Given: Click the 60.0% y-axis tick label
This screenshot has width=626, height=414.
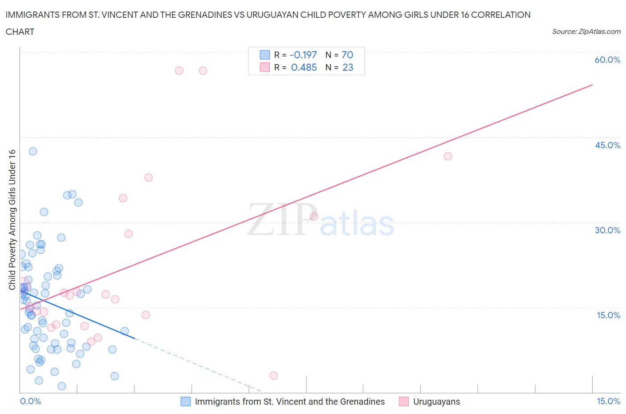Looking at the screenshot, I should [x=607, y=60].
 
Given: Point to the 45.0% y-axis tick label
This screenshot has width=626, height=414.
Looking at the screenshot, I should [x=607, y=145].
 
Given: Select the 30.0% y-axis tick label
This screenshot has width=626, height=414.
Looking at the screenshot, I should [x=607, y=230].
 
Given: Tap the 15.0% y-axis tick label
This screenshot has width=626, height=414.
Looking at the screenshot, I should [x=608, y=315].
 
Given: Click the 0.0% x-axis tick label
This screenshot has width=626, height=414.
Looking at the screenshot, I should [x=30, y=401].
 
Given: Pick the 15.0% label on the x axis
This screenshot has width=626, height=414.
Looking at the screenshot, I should [x=608, y=401].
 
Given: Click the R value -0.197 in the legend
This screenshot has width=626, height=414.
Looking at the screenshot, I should [x=303, y=55].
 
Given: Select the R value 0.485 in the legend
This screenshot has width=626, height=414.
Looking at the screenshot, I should [x=304, y=67].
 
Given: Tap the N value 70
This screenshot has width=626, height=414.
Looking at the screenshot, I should [x=347, y=55].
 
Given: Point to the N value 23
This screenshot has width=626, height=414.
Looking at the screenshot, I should [x=348, y=67].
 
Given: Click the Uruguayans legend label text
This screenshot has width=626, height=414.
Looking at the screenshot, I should [x=436, y=402].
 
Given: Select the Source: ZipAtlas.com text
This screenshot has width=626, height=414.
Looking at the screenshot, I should [x=586, y=31].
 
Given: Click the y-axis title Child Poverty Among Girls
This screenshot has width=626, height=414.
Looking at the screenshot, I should [x=12, y=219].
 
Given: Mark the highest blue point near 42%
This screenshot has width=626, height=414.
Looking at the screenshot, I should [x=33, y=151].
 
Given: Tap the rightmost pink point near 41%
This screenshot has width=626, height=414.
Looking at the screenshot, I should [x=448, y=156].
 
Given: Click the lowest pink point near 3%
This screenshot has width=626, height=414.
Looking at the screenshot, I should [x=274, y=376].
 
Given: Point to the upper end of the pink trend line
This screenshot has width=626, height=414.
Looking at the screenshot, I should [x=592, y=85].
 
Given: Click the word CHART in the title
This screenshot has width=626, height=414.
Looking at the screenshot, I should [x=20, y=32].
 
